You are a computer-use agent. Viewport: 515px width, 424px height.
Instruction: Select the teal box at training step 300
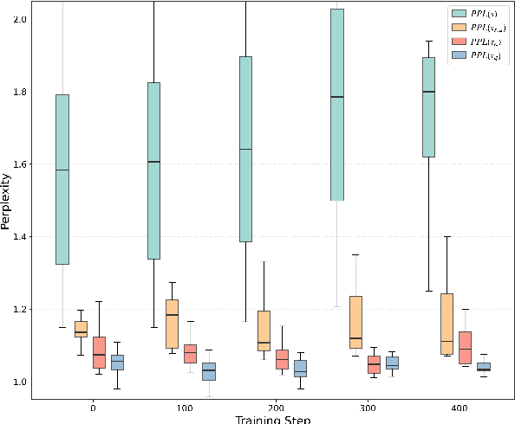click(x=336, y=105)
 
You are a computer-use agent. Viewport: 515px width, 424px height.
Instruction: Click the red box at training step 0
click(x=99, y=352)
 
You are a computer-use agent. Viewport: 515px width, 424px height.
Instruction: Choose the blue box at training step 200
click(x=300, y=369)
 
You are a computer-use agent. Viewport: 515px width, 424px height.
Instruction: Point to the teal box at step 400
click(x=428, y=107)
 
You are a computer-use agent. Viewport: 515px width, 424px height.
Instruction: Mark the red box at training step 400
click(x=465, y=347)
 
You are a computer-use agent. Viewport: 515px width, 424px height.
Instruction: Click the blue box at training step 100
click(x=209, y=371)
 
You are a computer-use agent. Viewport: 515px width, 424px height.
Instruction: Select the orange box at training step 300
click(x=355, y=322)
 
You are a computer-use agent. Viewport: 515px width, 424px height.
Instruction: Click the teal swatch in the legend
click(x=460, y=14)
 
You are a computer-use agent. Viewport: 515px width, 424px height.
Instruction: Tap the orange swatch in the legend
click(x=460, y=28)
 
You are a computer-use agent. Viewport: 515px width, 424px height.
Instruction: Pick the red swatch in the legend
click(x=460, y=42)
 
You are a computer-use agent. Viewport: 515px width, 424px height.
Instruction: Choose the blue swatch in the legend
click(x=460, y=55)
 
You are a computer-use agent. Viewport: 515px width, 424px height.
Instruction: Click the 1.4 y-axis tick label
click(x=18, y=237)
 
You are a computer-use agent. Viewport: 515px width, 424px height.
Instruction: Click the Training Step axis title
click(x=273, y=419)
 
